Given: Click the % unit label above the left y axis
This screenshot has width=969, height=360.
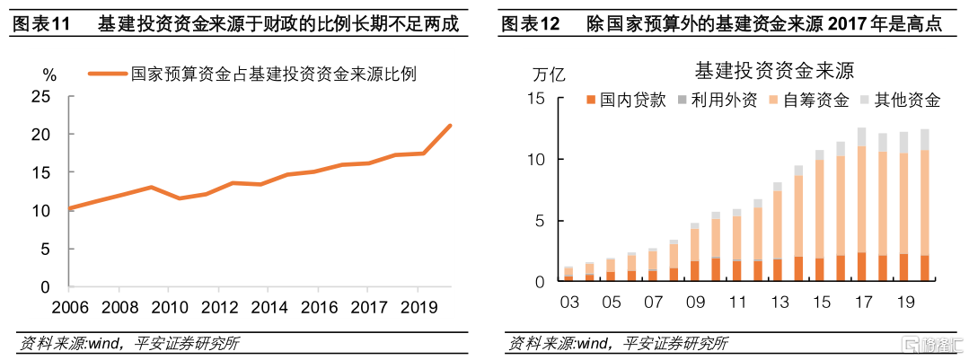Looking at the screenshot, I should click(x=49, y=73).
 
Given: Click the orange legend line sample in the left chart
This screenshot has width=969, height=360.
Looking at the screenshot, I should click(x=107, y=75).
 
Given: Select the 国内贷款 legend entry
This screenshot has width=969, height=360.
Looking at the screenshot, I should click(x=628, y=100).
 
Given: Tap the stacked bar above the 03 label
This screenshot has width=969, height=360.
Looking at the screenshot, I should click(x=568, y=274).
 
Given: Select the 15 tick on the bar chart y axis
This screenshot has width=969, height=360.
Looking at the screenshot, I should click(x=538, y=98).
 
